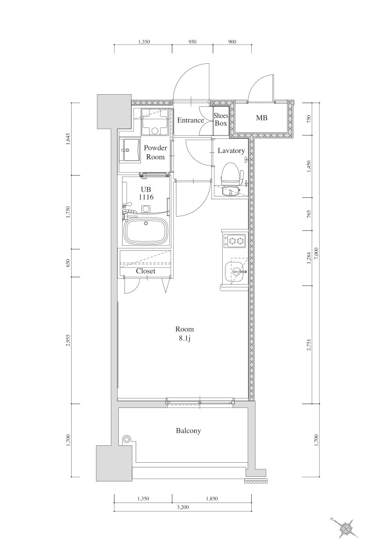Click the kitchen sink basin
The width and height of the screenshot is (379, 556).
234,271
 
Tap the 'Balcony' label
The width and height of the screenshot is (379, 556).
189,430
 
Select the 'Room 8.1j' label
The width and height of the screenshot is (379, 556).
184,334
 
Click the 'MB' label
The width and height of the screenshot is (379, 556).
262,118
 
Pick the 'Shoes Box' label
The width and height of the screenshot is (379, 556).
221,120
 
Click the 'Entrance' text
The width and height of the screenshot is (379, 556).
190,120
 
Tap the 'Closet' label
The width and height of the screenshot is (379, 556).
146,271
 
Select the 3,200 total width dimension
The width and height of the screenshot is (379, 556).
183,507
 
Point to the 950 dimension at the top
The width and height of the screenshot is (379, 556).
192,42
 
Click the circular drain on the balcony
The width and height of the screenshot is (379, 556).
126,439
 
